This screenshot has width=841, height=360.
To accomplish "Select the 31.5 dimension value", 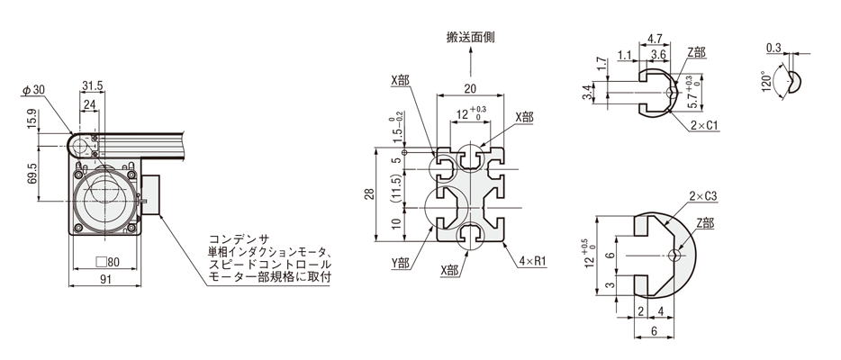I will tap(92, 86).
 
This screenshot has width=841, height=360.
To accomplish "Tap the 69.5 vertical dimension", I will tap(32, 174).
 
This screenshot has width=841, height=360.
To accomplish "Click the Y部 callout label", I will tap(400, 264).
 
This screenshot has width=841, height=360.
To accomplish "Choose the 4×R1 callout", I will tap(533, 264).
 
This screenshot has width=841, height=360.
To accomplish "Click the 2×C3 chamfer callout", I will tap(702, 195).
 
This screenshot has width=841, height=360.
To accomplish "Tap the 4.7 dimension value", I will tap(656, 40).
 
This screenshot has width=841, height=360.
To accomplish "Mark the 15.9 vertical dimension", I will tap(32, 117).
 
